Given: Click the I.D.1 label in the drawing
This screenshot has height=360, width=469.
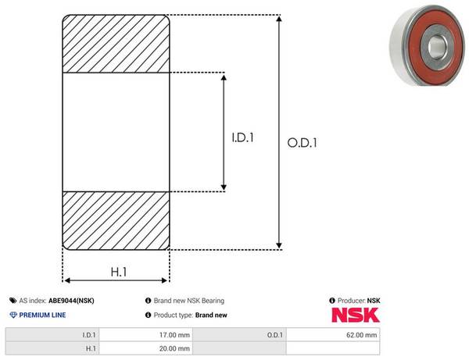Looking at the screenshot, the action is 242,137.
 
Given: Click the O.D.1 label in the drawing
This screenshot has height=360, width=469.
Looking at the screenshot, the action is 302,143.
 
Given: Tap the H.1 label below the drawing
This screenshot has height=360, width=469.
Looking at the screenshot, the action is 119,272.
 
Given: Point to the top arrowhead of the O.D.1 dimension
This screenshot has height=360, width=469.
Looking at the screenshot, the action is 279,19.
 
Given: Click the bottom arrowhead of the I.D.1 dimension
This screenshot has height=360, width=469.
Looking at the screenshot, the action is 224,187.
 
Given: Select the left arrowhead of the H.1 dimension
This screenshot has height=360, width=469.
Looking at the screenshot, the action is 67,280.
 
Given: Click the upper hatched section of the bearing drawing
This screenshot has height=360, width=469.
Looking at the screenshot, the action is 116,44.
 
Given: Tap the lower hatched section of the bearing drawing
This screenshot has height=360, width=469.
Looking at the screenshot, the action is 116,220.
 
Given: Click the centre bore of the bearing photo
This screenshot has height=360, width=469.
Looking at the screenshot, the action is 437,47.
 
